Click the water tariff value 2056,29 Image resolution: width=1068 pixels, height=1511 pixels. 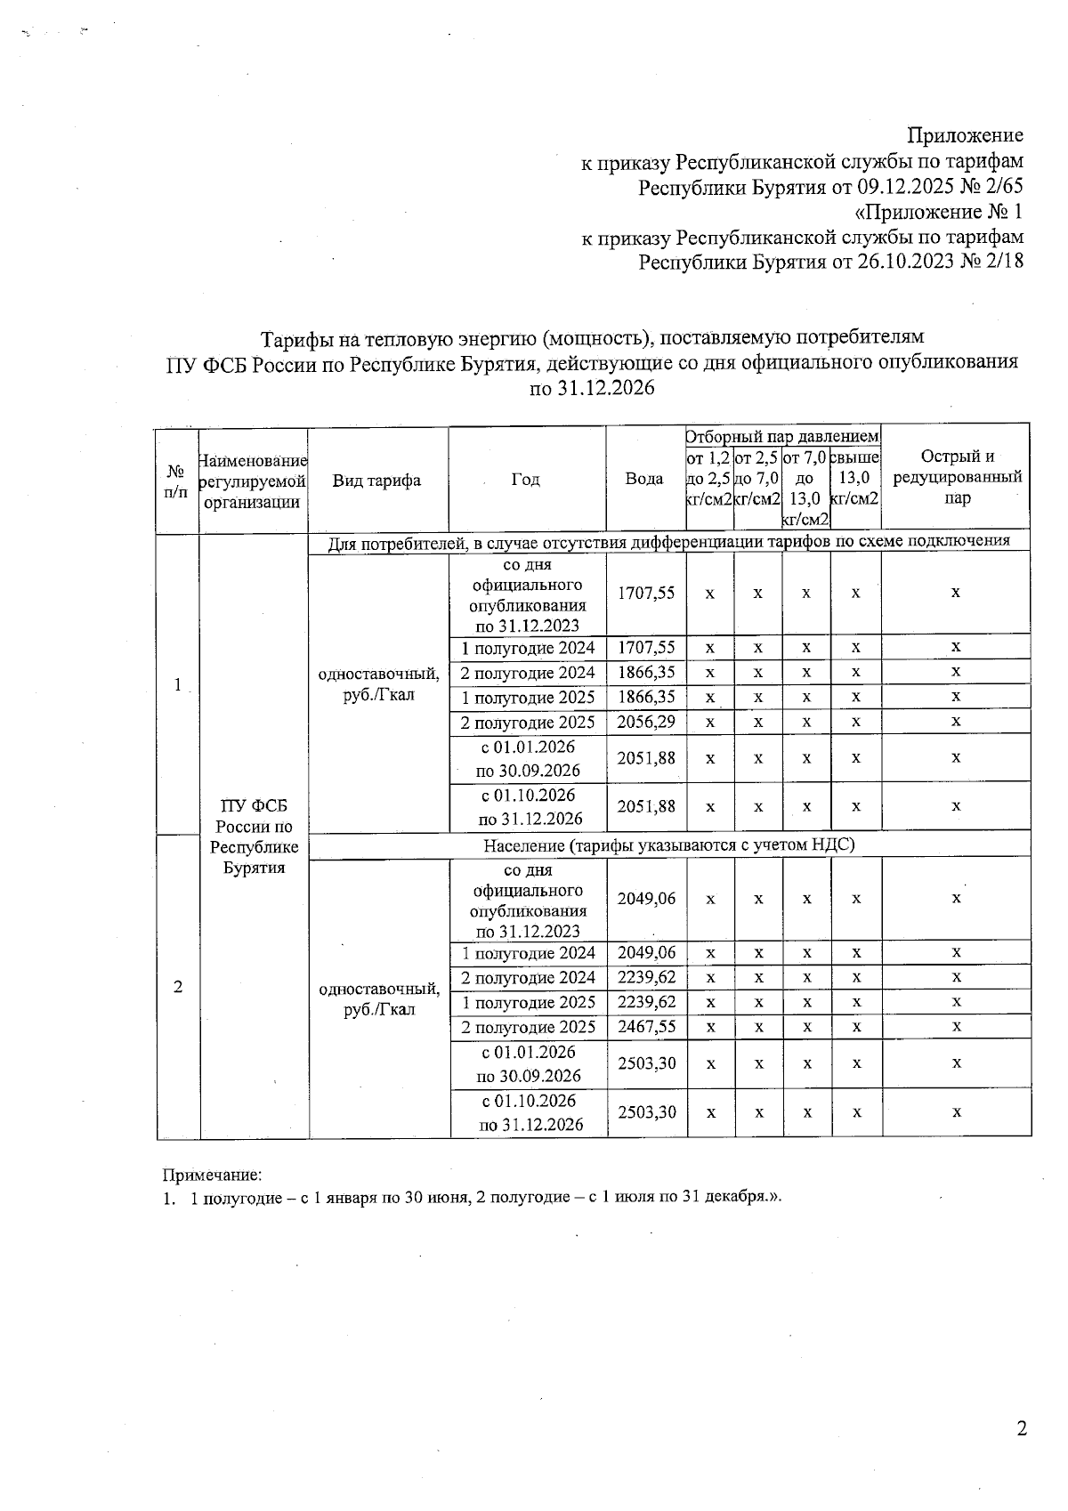tap(646, 722)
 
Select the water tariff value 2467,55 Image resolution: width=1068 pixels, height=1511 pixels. tap(647, 1027)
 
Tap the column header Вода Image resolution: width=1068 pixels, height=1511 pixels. tap(644, 479)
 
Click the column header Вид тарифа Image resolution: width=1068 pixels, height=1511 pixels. tap(376, 481)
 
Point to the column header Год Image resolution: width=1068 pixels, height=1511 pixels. tap(526, 480)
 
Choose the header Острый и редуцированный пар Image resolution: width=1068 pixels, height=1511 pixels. tap(958, 478)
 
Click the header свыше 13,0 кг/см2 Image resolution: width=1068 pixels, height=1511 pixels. tap(854, 478)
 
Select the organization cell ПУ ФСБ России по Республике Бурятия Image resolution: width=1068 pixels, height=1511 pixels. tap(254, 836)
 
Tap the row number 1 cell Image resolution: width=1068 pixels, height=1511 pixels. tap(178, 684)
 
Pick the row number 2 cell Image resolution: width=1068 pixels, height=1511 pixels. tap(178, 987)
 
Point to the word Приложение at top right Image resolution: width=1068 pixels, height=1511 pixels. tap(965, 135)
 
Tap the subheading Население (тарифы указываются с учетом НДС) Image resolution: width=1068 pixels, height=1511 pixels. tap(668, 844)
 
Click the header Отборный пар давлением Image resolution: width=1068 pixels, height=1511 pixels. tap(782, 436)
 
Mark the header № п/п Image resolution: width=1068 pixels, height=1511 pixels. tap(177, 481)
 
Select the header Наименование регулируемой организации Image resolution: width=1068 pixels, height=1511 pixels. tap(254, 481)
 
